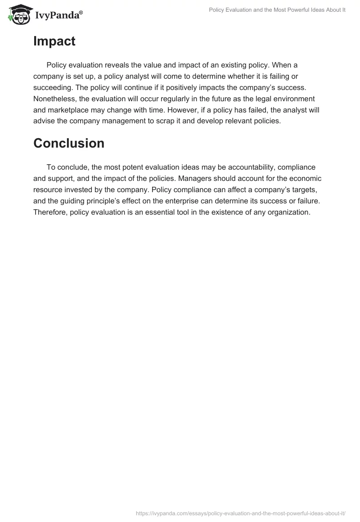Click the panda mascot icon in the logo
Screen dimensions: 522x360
(x=18, y=14)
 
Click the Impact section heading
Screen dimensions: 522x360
(x=54, y=41)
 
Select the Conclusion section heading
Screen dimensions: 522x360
(x=69, y=143)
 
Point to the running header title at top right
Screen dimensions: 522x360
(x=277, y=10)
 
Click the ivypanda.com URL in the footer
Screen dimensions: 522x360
(x=240, y=513)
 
